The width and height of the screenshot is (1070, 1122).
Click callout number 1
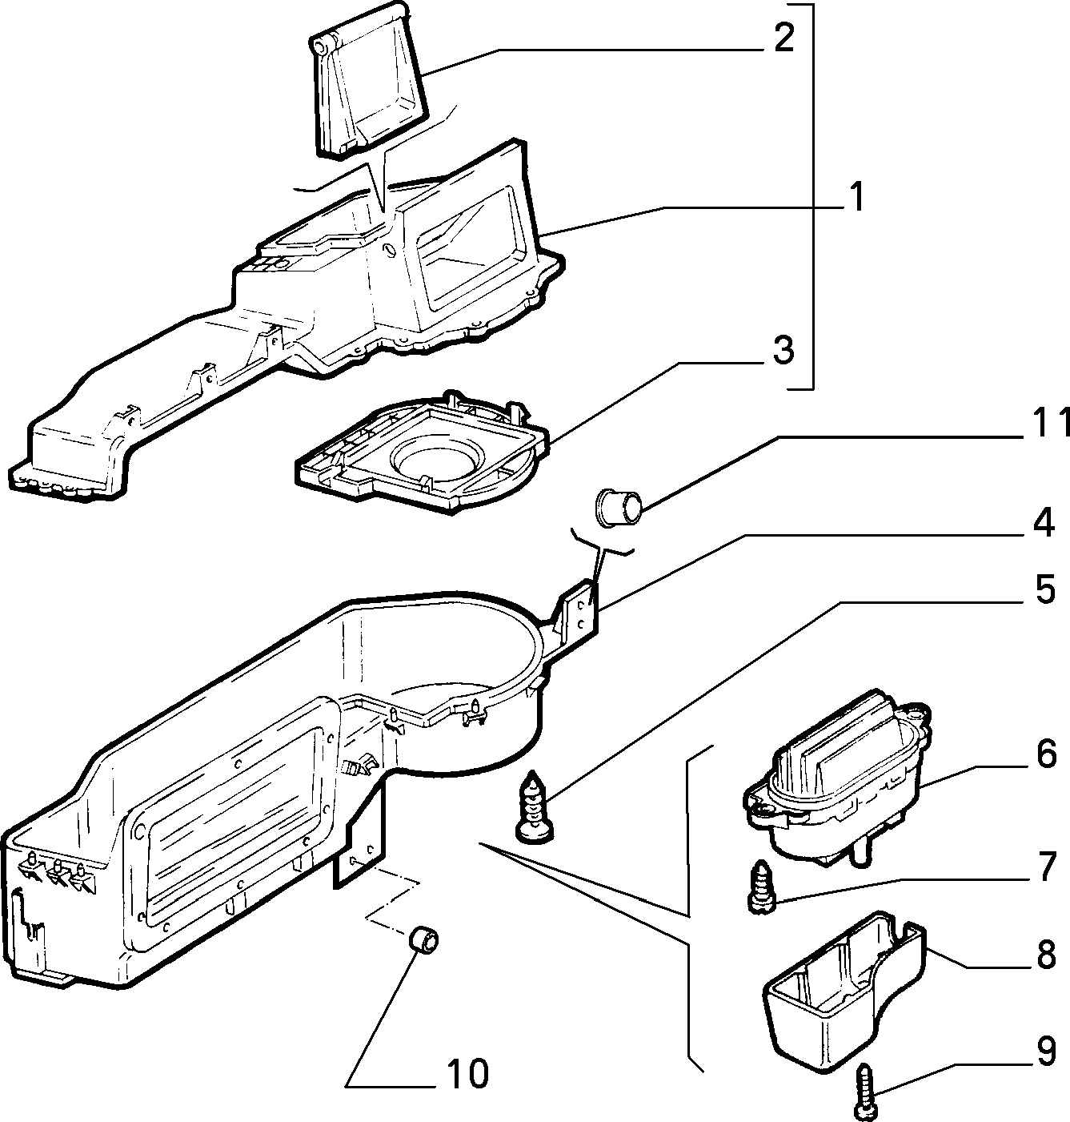click(856, 198)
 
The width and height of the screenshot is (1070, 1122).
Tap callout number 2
click(783, 38)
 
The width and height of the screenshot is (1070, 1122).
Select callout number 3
click(783, 350)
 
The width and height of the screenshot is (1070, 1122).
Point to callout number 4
click(1044, 522)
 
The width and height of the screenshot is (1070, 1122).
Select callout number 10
click(467, 1073)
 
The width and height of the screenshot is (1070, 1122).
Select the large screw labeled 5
click(534, 805)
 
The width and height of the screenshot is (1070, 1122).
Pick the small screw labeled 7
click(761, 887)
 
